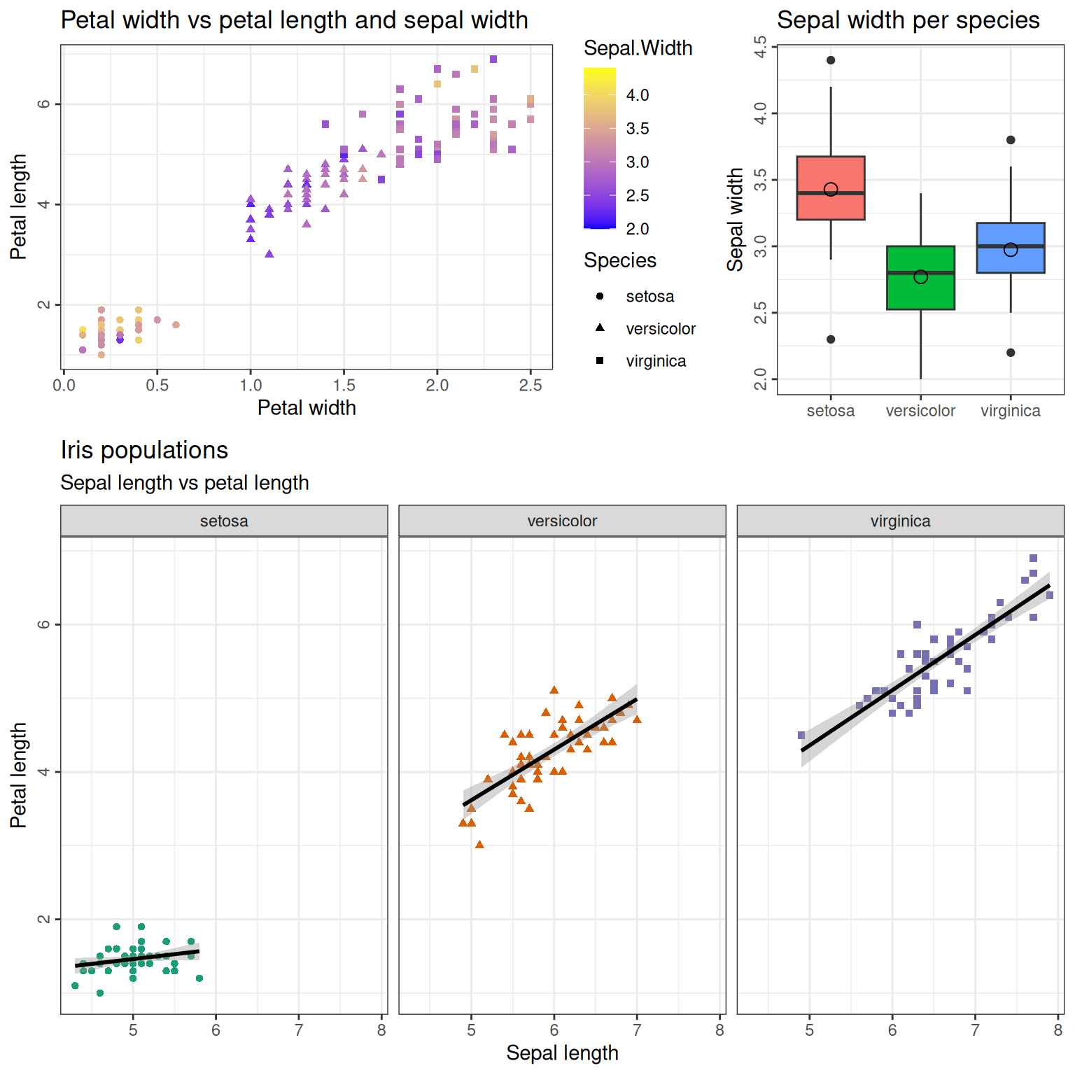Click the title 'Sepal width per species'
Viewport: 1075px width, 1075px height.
(908, 20)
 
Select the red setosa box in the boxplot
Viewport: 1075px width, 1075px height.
(831, 206)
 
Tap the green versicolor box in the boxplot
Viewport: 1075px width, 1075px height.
(920, 294)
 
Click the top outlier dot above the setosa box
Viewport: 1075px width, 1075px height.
(831, 60)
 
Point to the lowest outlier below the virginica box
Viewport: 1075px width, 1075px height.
(1011, 353)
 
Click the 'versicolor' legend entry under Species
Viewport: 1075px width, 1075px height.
(660, 329)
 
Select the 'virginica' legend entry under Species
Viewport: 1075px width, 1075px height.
(655, 361)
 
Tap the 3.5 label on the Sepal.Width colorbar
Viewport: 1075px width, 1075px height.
(637, 129)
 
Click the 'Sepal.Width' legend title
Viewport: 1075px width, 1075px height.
(638, 48)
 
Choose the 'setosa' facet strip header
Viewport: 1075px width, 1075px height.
(224, 521)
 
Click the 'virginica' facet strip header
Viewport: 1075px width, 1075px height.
(900, 521)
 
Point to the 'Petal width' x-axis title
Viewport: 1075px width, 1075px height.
(307, 408)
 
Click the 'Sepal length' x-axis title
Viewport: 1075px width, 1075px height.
(562, 1053)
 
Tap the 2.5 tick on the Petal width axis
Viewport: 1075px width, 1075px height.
(531, 386)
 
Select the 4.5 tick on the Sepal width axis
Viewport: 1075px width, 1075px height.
(761, 46)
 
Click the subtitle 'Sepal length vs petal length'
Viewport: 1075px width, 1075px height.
(185, 483)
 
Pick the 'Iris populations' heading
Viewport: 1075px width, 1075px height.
(144, 450)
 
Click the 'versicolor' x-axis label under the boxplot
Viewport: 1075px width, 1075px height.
(920, 411)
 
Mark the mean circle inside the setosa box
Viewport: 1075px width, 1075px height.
(831, 190)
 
